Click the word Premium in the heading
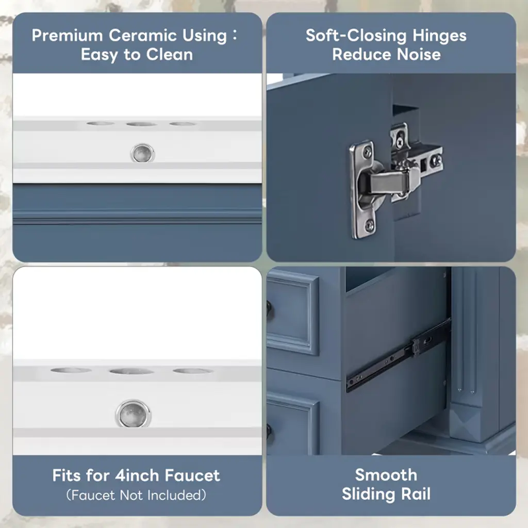[x=68, y=36]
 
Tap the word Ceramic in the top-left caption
[x=143, y=36]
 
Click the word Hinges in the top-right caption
[x=439, y=36]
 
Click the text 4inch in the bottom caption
[x=137, y=475]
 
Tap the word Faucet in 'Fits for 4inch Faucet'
[x=192, y=475]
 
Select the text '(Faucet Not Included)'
[x=136, y=495]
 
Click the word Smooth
[x=386, y=475]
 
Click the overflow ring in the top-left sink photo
[x=142, y=153]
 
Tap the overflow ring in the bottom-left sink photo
[x=134, y=414]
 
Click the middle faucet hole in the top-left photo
[x=142, y=124]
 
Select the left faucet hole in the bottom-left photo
[x=71, y=370]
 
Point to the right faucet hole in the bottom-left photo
[x=193, y=371]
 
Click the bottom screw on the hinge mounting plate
[x=370, y=225]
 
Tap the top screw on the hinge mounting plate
[x=367, y=154]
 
